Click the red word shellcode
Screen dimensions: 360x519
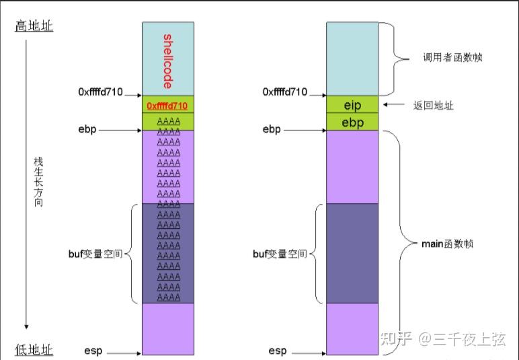pos(167,60)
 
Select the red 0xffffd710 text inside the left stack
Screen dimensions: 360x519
pos(167,105)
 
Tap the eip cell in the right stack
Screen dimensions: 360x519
pos(352,105)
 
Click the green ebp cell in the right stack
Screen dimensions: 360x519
pos(352,122)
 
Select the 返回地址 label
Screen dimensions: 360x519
pos(433,106)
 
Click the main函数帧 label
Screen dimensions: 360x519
pos(447,244)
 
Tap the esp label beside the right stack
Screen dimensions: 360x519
pos(278,351)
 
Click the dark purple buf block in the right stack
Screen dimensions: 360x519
pos(352,253)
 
